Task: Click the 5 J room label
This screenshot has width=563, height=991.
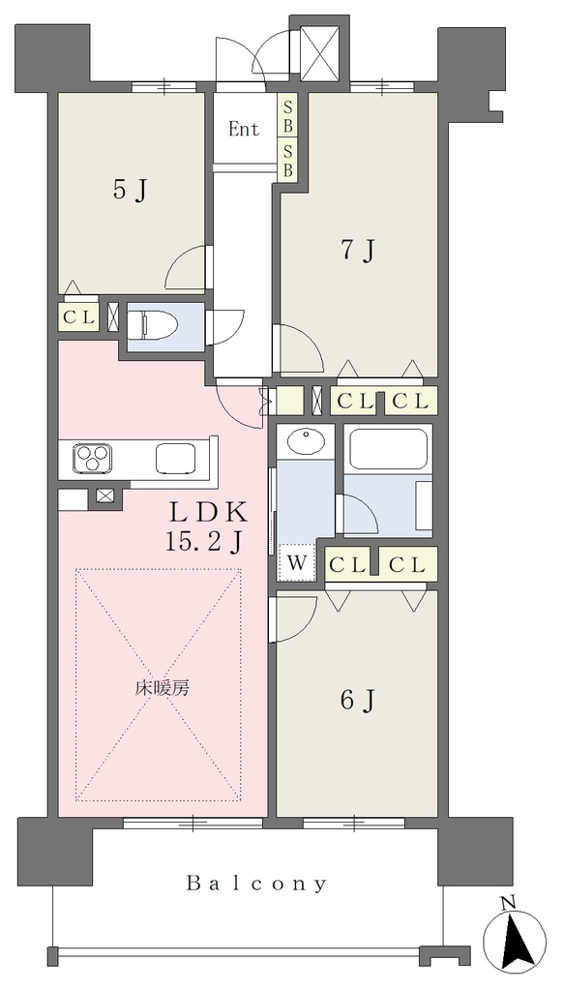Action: [x=131, y=190]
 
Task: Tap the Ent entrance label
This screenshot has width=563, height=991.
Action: [x=244, y=130]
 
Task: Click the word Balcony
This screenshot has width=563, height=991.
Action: [x=257, y=884]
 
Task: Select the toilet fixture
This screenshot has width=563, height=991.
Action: [x=152, y=325]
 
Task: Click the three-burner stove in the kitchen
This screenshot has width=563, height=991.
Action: [x=92, y=458]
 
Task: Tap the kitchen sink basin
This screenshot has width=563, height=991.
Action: [x=175, y=458]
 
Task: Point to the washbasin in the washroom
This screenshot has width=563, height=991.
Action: [x=305, y=440]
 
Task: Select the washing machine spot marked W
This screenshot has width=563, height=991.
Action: [x=297, y=561]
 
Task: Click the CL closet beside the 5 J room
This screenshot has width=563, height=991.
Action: [x=78, y=316]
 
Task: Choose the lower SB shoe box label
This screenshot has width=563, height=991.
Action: [x=287, y=161]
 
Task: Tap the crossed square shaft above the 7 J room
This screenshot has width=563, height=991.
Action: [x=320, y=53]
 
